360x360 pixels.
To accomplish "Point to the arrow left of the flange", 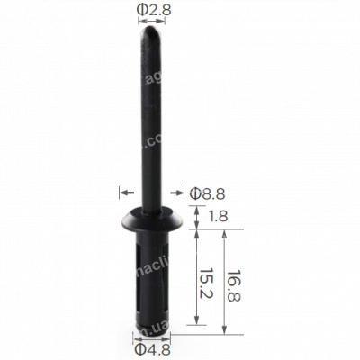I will point(127,191).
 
